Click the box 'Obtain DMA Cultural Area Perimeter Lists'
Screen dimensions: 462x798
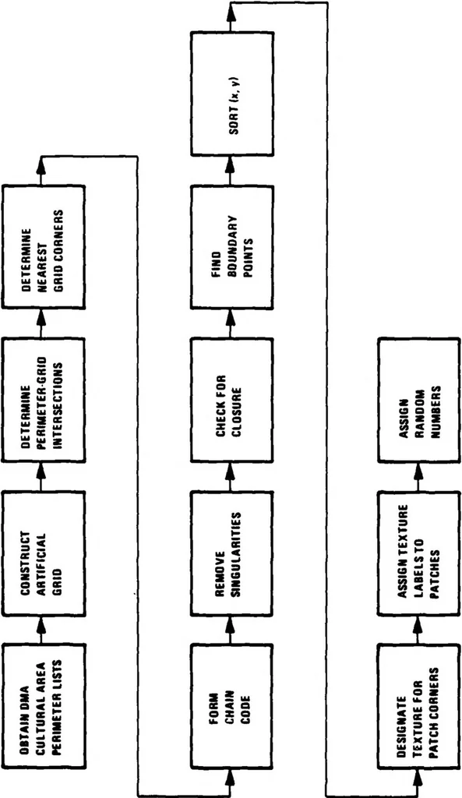[x=44, y=706]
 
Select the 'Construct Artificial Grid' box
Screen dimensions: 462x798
[x=44, y=553]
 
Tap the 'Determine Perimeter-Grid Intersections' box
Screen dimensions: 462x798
[x=44, y=400]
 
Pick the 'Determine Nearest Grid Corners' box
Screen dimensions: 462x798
[x=44, y=246]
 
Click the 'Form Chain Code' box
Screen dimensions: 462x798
[x=231, y=706]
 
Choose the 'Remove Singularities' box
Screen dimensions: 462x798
[x=231, y=553]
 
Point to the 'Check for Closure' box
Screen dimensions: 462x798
[x=231, y=400]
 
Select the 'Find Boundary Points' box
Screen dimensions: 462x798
[x=231, y=246]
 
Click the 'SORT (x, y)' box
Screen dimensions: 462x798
[x=231, y=94]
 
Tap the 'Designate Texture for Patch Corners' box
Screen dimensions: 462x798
[x=418, y=706]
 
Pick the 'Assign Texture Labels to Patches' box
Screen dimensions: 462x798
[x=418, y=553]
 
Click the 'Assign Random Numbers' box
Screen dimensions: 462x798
[x=418, y=400]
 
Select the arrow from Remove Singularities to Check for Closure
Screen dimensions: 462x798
[x=231, y=476]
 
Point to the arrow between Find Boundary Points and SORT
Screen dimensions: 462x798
[x=231, y=171]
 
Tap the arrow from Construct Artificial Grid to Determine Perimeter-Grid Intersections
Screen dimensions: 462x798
[x=43, y=476]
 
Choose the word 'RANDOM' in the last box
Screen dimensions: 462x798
[x=418, y=400]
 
